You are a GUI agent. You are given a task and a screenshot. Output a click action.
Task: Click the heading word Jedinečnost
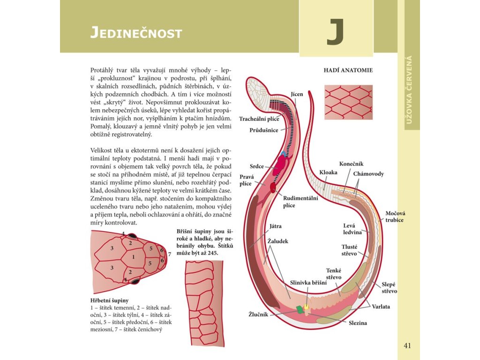tap(136, 33)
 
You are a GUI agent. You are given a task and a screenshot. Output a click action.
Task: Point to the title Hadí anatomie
tap(348, 70)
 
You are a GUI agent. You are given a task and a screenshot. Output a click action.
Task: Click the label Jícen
tap(297, 94)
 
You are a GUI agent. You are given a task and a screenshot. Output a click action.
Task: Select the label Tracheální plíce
tap(259, 119)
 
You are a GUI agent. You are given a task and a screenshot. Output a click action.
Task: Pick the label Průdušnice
tap(263, 130)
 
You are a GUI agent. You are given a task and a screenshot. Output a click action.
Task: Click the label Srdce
tap(256, 166)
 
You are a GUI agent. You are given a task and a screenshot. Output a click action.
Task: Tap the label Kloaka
tap(328, 172)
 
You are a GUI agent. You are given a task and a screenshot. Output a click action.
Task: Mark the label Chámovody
tap(368, 174)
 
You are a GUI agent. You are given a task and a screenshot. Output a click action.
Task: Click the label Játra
tap(275, 226)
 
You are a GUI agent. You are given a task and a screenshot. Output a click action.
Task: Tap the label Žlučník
tap(258, 314)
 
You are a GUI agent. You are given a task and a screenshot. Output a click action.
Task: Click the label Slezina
tap(358, 323)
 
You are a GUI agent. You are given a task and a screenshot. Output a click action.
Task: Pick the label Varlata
tap(381, 307)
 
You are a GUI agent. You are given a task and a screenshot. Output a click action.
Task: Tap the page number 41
tap(407, 346)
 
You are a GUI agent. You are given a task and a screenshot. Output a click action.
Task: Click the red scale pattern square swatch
tap(348, 102)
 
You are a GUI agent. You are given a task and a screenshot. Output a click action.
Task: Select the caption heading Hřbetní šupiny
tap(109, 300)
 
